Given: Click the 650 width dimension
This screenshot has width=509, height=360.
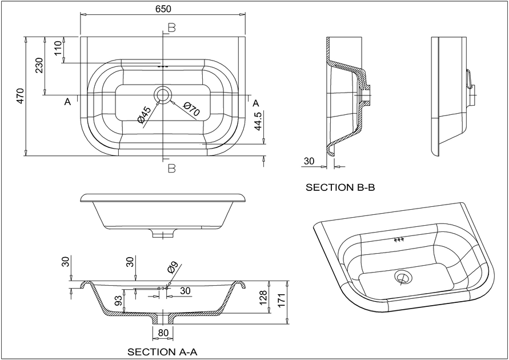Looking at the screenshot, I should pyautogui.click(x=163, y=9).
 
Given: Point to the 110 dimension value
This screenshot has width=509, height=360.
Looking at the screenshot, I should pyautogui.click(x=58, y=49).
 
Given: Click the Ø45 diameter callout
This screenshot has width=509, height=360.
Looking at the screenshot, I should pyautogui.click(x=144, y=114).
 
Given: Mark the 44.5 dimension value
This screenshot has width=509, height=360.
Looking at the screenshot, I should pyautogui.click(x=258, y=122).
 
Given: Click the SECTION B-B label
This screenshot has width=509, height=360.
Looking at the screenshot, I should pyautogui.click(x=340, y=187).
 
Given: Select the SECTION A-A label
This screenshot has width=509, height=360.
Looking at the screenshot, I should pyautogui.click(x=162, y=351).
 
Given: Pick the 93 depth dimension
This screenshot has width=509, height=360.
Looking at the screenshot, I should pyautogui.click(x=118, y=301).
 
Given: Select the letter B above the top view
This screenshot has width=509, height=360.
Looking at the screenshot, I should pyautogui.click(x=171, y=27).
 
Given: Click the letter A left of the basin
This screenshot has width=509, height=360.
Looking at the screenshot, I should pyautogui.click(x=67, y=102).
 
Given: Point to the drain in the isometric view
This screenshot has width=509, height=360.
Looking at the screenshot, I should pyautogui.click(x=403, y=278).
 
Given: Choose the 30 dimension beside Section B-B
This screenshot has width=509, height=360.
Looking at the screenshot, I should pyautogui.click(x=309, y=161).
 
